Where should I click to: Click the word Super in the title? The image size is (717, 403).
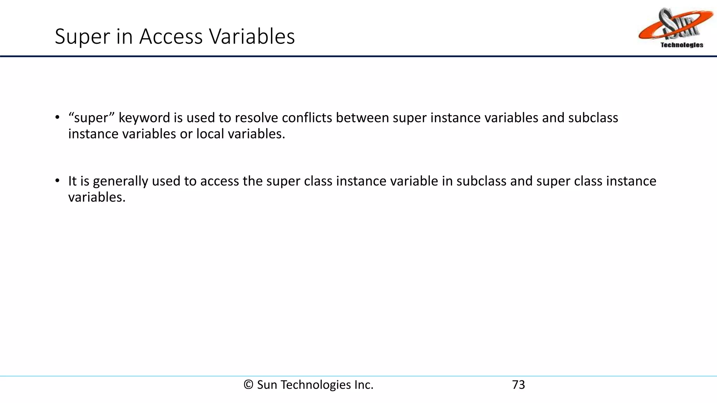tap(82, 36)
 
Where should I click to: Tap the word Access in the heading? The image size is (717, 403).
tap(171, 36)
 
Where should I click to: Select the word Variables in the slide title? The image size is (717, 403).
tap(252, 36)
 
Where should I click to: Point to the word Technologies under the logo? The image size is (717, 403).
tap(682, 45)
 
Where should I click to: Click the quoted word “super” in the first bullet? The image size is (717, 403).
tap(91, 118)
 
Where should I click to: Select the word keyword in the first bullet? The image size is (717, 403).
tap(144, 118)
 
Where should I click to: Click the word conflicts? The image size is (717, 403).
tap(307, 118)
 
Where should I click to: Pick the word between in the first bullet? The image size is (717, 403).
tap(362, 118)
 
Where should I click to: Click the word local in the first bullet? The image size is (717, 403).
tap(210, 134)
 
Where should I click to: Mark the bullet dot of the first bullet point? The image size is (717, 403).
tap(57, 118)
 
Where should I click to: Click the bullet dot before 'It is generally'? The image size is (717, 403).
tap(57, 181)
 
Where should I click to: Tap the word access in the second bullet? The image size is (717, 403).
tap(219, 181)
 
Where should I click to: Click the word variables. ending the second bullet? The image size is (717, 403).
tap(97, 197)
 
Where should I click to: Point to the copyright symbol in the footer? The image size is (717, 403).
tap(248, 385)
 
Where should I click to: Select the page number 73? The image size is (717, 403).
tap(518, 385)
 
